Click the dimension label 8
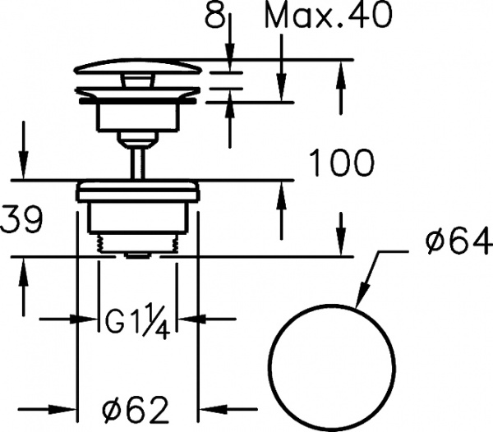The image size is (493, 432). click(x=215, y=15)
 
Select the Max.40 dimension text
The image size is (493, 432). click(x=329, y=15)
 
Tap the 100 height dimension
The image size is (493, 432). click(x=342, y=163)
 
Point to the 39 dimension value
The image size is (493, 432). click(x=21, y=220)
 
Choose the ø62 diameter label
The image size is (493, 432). click(x=136, y=409)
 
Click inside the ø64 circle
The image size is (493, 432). click(x=333, y=366)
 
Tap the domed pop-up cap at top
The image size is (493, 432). click(x=138, y=67)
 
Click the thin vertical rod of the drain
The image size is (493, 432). click(x=138, y=163)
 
